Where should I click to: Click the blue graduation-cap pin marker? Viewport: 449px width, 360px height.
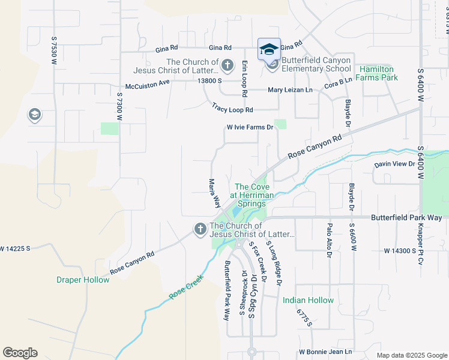point(269,49)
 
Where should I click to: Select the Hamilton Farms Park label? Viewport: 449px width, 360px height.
point(376,74)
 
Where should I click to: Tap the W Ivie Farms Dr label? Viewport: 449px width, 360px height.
point(250,127)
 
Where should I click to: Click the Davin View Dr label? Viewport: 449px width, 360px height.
point(395,164)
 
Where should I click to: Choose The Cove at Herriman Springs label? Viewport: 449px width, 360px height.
point(250,195)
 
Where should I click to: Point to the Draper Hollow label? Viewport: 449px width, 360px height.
point(83,280)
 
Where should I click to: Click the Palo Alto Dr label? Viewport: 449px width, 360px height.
point(329,240)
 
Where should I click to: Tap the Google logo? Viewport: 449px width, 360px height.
point(20,353)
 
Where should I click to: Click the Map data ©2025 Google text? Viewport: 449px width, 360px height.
point(411,355)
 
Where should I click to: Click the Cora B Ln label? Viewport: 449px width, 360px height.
point(338,84)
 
